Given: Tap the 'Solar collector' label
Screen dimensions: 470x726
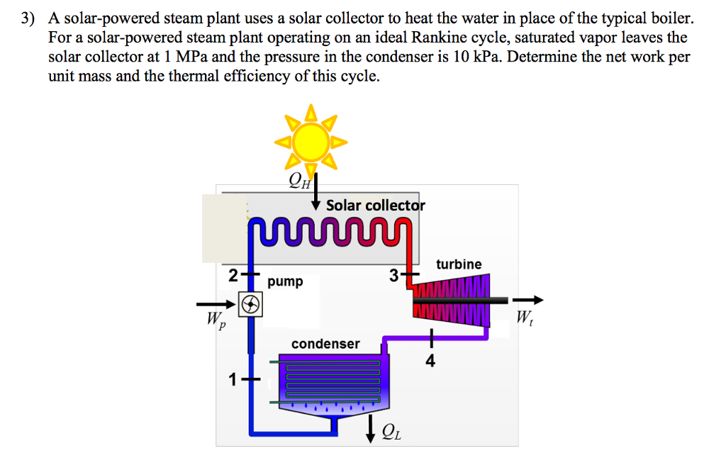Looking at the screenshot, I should point(375,206).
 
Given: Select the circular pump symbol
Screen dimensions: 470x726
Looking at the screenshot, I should point(250,304).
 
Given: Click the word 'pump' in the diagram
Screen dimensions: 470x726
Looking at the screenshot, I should point(285,281).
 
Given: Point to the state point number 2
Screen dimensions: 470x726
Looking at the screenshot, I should point(233,275).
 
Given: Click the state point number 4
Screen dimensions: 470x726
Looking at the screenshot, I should point(430,362).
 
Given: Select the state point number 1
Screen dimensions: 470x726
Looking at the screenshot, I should point(232,381).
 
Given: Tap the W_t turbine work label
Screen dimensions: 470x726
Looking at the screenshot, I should point(525,317).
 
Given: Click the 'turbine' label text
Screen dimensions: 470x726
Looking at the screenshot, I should point(459,264).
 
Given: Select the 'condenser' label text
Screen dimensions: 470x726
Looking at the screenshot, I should point(325,344).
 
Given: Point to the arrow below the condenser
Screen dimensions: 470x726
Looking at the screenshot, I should point(370,428).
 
